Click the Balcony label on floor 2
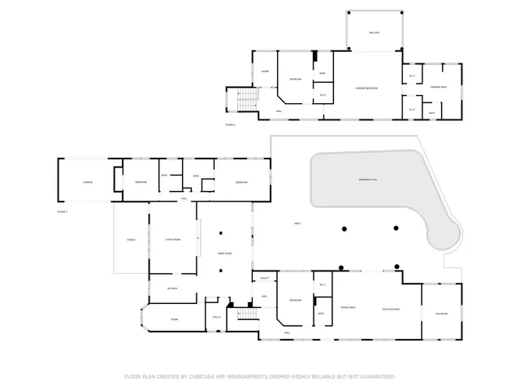(x=374, y=33)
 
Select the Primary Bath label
(x=439, y=86)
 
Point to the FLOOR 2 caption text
(x=230, y=124)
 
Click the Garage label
(x=87, y=182)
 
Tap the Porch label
(x=130, y=240)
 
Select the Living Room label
(x=172, y=240)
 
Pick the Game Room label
(x=225, y=253)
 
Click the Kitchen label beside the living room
(x=172, y=288)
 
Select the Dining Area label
(x=348, y=308)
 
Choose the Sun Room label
(x=441, y=308)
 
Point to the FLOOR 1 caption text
(x=63, y=210)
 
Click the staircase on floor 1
(x=242, y=319)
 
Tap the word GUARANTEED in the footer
(x=378, y=376)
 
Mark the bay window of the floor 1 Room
(x=145, y=319)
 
